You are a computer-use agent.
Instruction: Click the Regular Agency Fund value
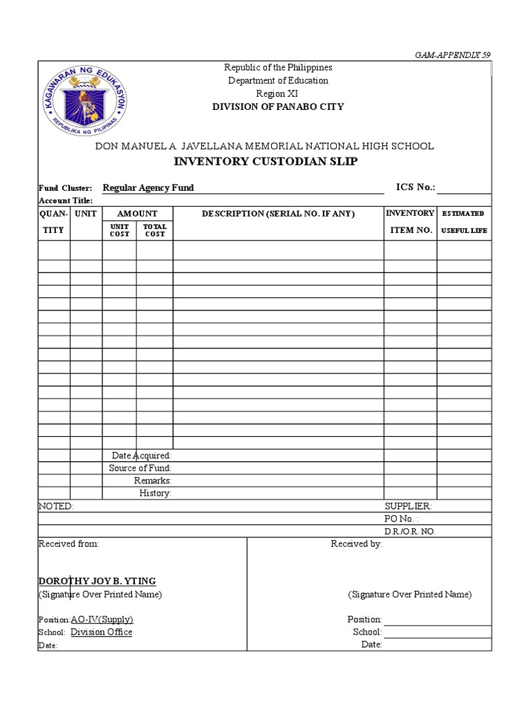148,187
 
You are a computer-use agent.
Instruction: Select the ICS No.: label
415,187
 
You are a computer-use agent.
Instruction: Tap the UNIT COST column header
120,230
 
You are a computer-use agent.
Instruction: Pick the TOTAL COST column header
154,230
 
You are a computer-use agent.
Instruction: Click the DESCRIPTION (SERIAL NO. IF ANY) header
278,214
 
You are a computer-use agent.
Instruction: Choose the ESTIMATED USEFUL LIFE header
463,222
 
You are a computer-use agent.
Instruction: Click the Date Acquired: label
141,456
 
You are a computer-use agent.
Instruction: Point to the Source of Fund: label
140,468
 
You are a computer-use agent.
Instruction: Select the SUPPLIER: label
408,506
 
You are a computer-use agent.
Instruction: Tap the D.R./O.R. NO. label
410,531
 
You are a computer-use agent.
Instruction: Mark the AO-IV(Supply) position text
102,619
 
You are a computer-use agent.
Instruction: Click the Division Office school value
101,632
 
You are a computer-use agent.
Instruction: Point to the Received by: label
356,543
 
